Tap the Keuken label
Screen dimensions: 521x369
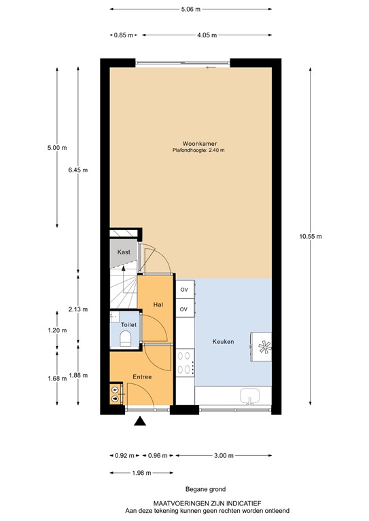[223, 341]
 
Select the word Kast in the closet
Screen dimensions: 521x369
[123, 252]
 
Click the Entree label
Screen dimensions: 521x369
[141, 377]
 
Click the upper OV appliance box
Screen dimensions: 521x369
[183, 290]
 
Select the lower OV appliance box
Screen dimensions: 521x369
[183, 309]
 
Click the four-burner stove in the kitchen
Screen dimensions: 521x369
[185, 363]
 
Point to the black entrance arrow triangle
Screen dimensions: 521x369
[140, 422]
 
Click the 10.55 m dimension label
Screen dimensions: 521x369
[310, 236]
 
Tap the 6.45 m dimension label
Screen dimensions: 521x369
[78, 170]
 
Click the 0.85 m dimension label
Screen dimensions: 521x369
[123, 35]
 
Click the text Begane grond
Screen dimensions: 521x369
[205, 489]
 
